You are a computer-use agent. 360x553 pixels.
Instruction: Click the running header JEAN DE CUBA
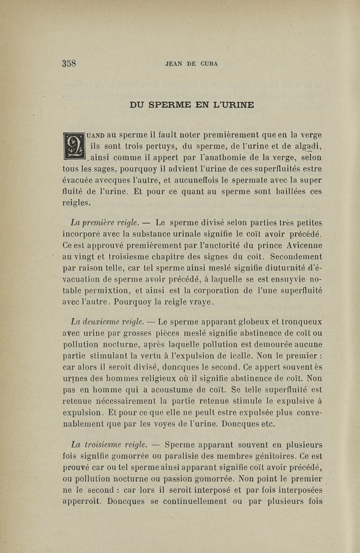tap(192, 63)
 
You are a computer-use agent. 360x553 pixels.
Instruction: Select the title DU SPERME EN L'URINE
tap(192, 105)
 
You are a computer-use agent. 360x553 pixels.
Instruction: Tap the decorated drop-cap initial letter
tap(74, 145)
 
